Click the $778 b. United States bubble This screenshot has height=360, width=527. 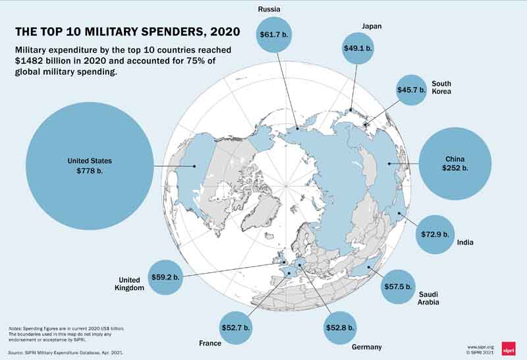90,165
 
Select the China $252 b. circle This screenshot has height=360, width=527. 455,163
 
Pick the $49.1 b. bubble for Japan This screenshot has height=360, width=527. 358,48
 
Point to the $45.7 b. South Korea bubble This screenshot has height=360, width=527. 411,90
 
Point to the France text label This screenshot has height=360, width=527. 209,344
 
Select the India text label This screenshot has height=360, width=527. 465,243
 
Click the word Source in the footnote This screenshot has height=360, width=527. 16,353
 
